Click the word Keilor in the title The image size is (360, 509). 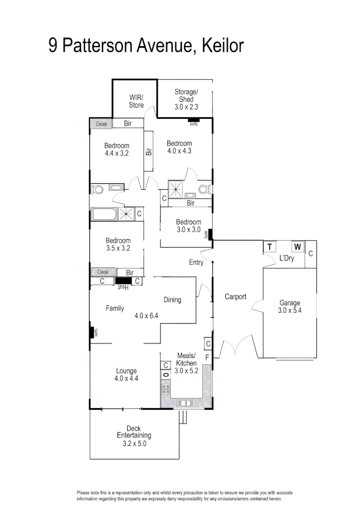222,46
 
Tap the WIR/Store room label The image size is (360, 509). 136,101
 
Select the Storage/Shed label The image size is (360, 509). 186,99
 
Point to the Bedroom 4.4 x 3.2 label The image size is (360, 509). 116,149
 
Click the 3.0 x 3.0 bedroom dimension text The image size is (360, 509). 188,230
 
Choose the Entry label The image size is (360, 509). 196,263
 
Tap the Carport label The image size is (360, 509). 235,297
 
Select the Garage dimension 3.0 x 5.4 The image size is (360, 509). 289,311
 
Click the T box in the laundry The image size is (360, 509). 270,247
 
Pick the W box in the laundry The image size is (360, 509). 298,247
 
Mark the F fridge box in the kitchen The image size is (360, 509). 207,358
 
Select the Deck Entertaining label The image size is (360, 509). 134,435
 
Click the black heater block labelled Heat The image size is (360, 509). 123,281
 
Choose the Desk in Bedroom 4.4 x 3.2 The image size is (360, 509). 101,124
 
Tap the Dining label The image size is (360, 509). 172,300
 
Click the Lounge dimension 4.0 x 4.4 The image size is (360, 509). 126,378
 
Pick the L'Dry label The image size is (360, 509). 286,259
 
